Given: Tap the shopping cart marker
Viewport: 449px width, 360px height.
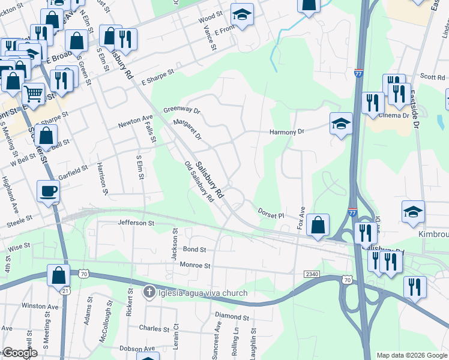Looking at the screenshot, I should [34, 94].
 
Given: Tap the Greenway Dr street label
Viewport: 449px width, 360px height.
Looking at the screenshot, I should [181, 110].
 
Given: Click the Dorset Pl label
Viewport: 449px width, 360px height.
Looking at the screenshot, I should [270, 212].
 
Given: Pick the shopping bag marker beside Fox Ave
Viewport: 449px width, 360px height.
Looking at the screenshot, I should [318, 225].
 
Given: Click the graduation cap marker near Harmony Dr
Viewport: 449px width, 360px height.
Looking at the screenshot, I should [341, 125].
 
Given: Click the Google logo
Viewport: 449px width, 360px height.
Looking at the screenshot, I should [20, 353].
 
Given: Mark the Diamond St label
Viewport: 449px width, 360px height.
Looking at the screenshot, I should [232, 316].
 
